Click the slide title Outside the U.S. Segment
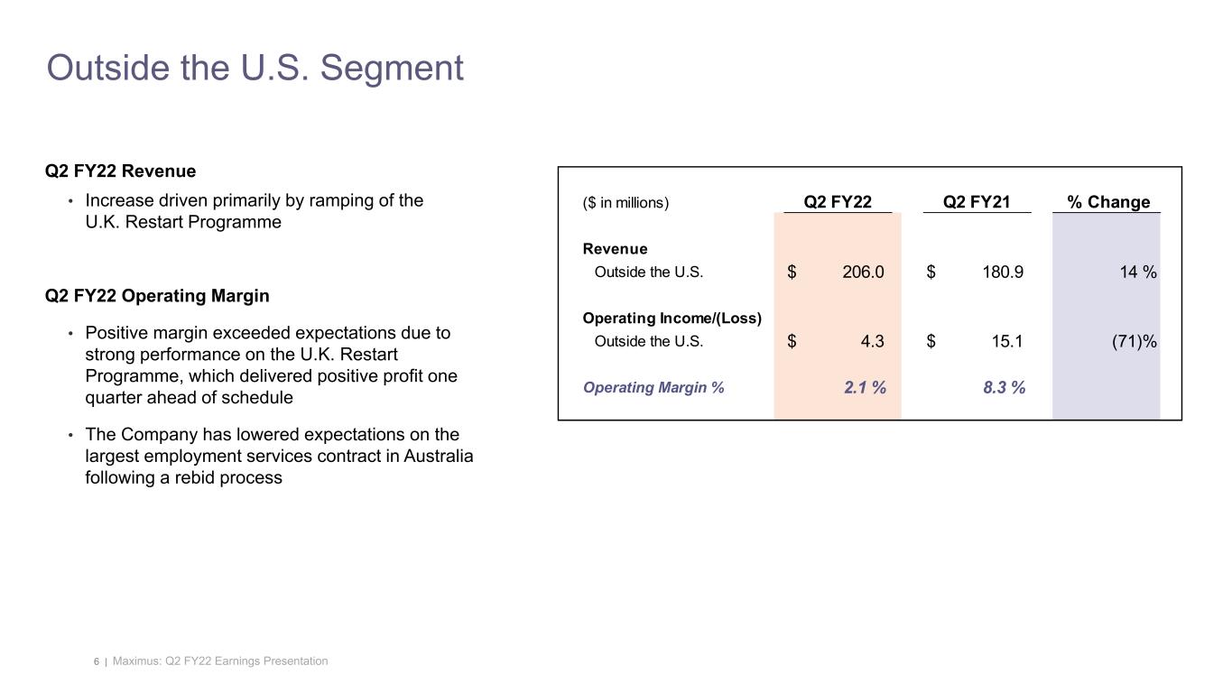tap(255, 69)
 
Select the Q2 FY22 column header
tap(838, 202)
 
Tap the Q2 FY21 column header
tap(977, 202)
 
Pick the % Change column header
tap(1108, 202)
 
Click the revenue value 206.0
tap(863, 273)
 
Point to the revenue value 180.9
tap(1002, 273)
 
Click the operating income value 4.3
tap(873, 341)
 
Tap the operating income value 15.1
tap(1007, 341)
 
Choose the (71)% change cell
tap(1135, 341)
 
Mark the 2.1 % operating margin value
tap(865, 388)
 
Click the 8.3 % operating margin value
tap(1004, 388)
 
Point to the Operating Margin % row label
tap(653, 388)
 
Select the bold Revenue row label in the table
tap(615, 249)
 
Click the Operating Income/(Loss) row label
tap(672, 319)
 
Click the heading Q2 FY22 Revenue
tap(120, 171)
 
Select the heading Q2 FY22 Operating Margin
tap(157, 296)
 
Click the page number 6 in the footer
tap(96, 662)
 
